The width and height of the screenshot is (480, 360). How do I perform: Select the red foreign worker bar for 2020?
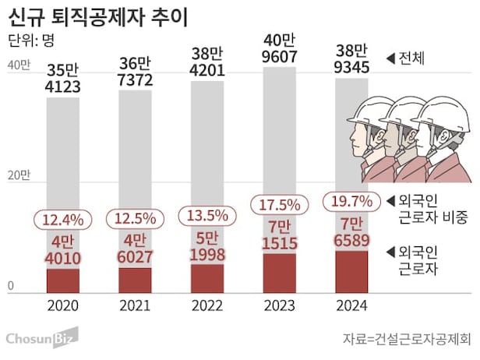click(x=63, y=279)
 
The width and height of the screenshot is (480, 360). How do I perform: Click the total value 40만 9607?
click(x=279, y=48)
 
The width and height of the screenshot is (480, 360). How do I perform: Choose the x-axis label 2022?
click(x=207, y=306)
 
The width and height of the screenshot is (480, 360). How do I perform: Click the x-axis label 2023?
click(x=279, y=306)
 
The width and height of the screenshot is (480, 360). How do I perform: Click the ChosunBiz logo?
click(x=41, y=339)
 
